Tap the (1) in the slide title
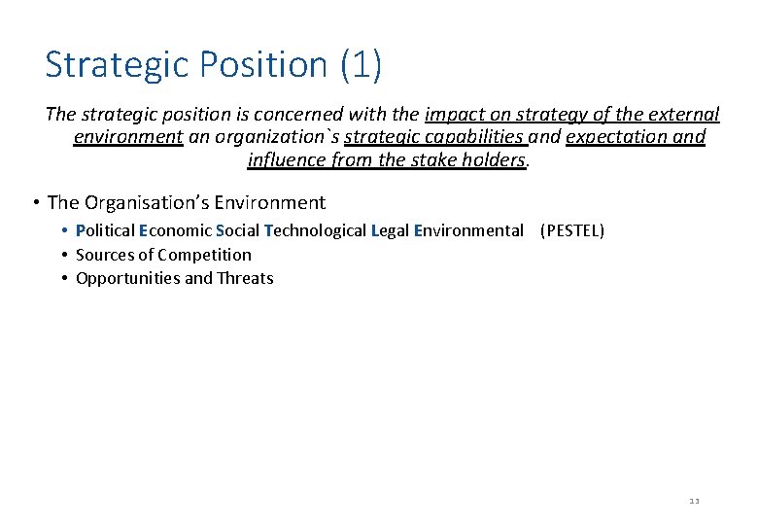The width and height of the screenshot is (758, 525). coord(361,65)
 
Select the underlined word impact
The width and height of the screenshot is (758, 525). coord(456,115)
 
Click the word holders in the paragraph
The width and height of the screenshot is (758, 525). coord(495,159)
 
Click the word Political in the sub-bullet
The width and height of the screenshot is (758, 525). coord(105,231)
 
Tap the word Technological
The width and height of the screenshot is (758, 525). coord(315,231)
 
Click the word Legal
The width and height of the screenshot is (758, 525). coord(390,231)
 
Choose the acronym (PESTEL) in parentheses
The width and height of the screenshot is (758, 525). coord(571,231)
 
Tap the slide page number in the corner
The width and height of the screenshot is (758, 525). coord(694,502)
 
